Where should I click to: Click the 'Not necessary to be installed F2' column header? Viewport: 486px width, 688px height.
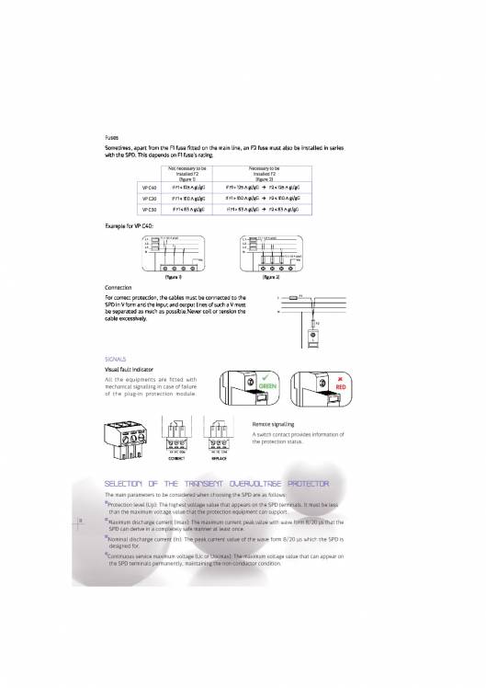tap(187, 172)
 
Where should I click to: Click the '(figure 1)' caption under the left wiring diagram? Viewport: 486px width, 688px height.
tap(172, 275)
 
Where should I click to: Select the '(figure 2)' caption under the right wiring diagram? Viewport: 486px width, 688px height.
tap(271, 275)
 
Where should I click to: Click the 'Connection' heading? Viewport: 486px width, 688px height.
tap(119, 288)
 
